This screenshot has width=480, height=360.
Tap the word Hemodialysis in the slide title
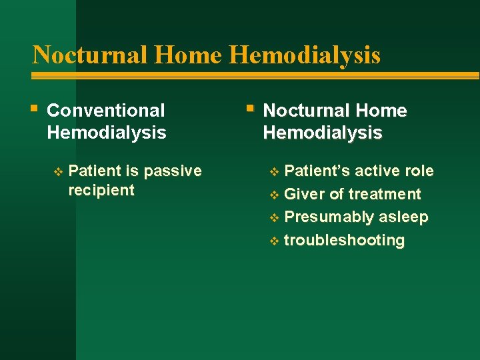[x=305, y=55]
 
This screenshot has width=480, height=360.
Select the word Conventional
[x=106, y=111]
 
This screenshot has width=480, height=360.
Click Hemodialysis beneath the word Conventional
[x=107, y=133]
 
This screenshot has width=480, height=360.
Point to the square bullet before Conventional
[x=35, y=108]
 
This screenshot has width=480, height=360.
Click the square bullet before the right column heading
[x=249, y=108]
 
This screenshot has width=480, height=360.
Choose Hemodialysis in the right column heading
[x=323, y=133]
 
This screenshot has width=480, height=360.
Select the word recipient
[x=101, y=190]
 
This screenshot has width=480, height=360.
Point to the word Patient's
[x=317, y=171]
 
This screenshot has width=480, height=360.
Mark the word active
[x=377, y=171]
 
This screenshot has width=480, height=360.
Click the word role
[x=419, y=171]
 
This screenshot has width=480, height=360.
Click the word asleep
[x=404, y=217]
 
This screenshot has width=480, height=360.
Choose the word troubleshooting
[x=344, y=240]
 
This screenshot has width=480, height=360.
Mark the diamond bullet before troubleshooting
[x=274, y=241]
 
